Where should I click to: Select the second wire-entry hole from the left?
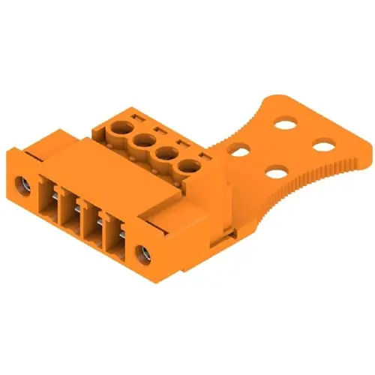[140, 139]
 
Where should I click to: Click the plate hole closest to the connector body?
[240, 151]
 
